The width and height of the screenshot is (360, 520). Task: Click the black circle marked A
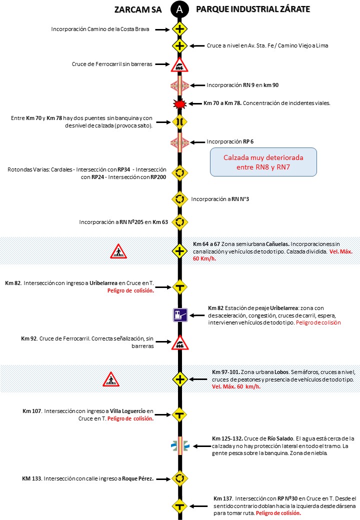click(179, 9)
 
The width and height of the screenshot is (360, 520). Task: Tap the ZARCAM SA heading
click(138, 9)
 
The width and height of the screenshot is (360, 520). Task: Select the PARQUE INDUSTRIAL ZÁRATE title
click(253, 9)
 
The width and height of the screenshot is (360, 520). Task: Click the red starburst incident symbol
click(179, 103)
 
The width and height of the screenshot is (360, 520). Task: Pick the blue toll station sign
click(179, 315)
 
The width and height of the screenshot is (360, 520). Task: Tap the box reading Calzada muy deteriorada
click(263, 161)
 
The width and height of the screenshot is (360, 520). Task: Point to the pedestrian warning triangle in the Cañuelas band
click(118, 251)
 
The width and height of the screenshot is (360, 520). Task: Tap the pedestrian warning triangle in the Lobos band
click(110, 379)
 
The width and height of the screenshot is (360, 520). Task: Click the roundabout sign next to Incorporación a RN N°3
click(179, 199)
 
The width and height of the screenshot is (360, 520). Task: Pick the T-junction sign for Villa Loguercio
click(179, 414)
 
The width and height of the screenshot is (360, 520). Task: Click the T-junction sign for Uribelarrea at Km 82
click(179, 286)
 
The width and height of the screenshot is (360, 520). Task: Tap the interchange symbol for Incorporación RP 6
click(179, 142)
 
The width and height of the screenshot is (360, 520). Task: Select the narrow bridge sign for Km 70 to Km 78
click(179, 121)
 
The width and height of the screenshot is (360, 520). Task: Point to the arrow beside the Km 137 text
click(200, 505)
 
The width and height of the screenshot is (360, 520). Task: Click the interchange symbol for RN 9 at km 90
click(179, 85)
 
